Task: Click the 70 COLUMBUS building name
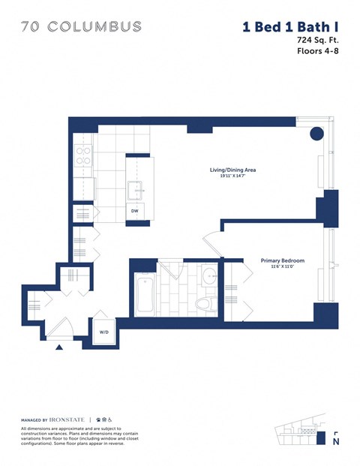click(81, 27)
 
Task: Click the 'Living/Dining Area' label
click(232, 170)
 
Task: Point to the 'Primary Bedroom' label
click(282, 260)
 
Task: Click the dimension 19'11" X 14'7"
click(232, 178)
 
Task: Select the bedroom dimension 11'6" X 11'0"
click(282, 268)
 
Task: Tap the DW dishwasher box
click(135, 212)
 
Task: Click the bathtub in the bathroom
click(145, 295)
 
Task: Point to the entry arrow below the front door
click(59, 347)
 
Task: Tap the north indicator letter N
click(335, 443)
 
